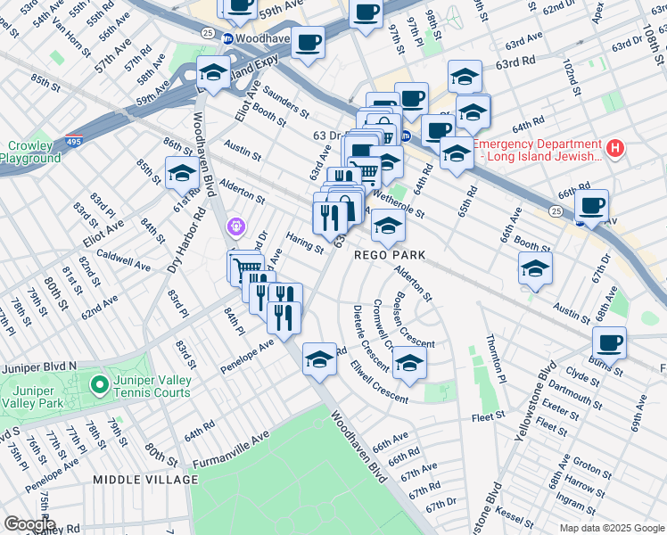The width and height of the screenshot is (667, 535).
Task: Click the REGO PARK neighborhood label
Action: [389, 255]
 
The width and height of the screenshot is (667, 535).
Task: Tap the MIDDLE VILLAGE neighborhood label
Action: [146, 480]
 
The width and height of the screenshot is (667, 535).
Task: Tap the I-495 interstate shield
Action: [75, 142]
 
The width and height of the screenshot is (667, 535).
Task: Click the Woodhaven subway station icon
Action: [228, 39]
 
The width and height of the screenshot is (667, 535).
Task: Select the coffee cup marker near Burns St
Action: [610, 342]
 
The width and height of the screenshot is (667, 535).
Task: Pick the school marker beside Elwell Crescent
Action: [409, 363]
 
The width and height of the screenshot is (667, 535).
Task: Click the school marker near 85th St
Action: [182, 173]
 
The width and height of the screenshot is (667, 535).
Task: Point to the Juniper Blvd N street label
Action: [39, 366]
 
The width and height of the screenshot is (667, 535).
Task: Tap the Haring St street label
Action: [305, 242]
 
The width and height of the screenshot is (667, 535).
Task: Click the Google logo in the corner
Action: [29, 524]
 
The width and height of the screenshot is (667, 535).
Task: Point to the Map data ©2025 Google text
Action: [611, 528]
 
